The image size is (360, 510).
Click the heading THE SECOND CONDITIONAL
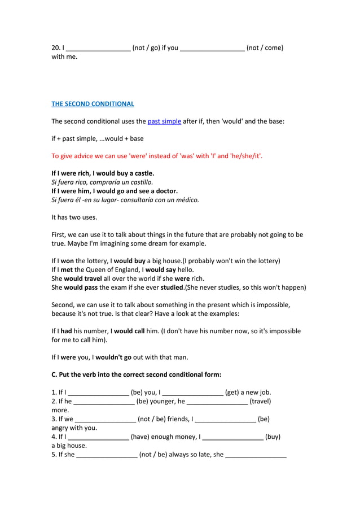click(93, 104)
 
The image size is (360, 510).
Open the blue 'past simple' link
click(164, 121)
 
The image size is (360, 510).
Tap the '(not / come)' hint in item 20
click(265, 47)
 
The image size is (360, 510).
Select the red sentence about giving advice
click(157, 156)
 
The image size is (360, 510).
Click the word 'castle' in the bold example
click(143, 173)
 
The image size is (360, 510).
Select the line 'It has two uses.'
click(74, 217)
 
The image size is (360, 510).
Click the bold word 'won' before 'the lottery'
click(67, 261)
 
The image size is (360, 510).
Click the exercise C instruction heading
click(136, 374)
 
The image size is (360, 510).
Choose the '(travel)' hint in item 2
click(260, 401)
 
